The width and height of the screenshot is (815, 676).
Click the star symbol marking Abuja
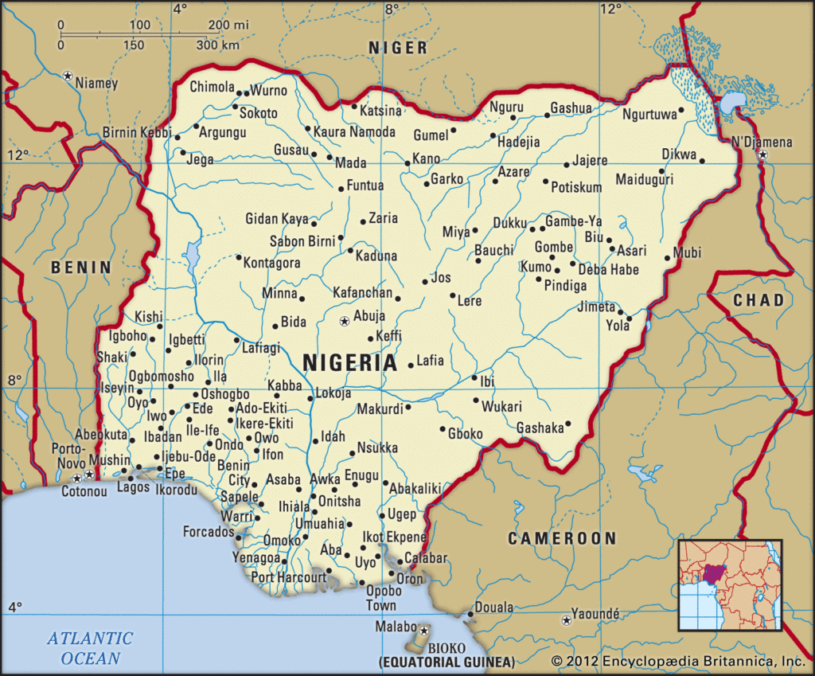click(344, 322)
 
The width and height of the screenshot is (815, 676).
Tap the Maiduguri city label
click(644, 179)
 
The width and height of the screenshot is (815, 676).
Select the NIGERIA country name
click(350, 363)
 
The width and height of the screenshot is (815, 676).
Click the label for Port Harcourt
click(289, 576)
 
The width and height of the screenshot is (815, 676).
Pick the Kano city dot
click(407, 163)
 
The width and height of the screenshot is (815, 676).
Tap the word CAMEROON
click(563, 539)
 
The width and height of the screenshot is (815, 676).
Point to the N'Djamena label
click(762, 142)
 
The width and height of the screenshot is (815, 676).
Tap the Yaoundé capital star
click(566, 619)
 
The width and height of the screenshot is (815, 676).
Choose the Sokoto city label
click(259, 113)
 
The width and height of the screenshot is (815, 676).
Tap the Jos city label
click(441, 278)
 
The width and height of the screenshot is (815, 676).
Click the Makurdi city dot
click(408, 407)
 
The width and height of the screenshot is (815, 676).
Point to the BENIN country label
click(81, 268)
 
